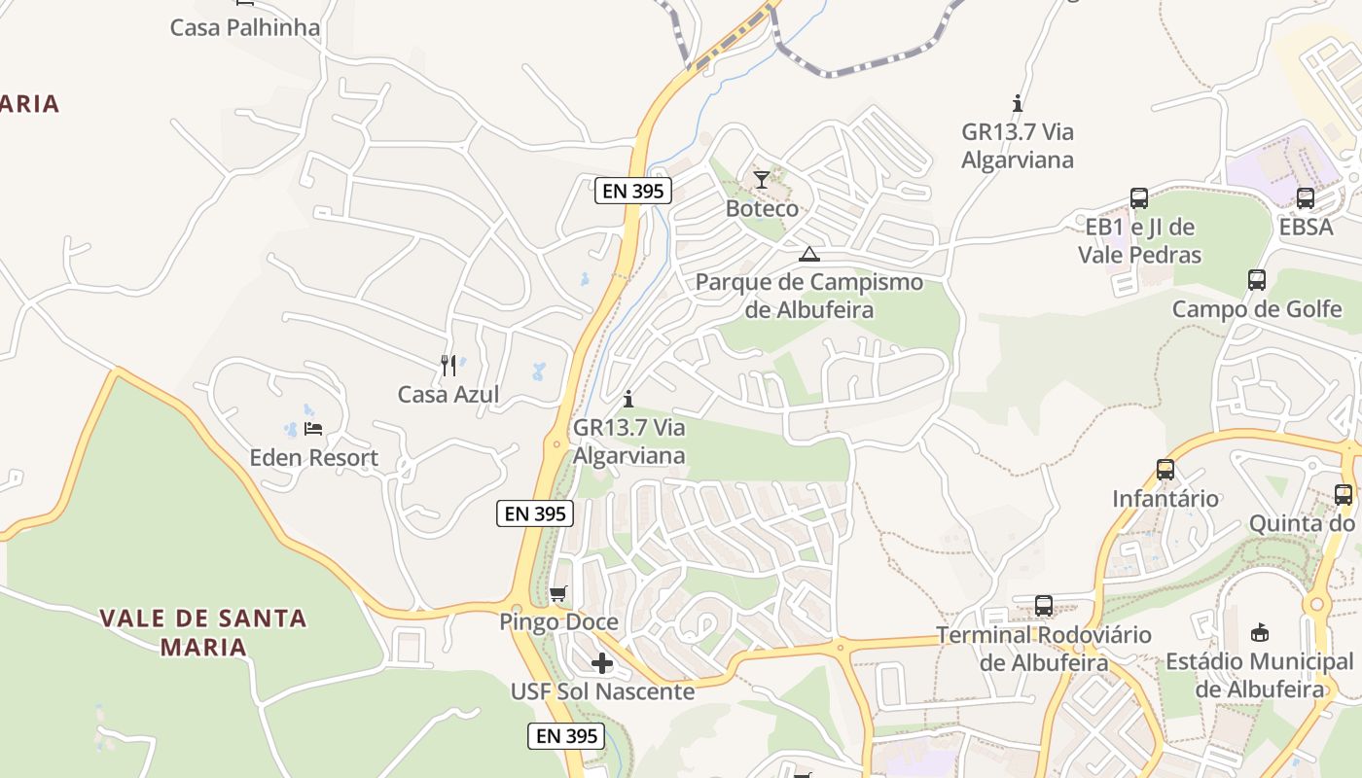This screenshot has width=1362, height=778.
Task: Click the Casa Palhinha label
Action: tap(244, 27)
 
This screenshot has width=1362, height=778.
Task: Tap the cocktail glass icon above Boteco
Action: tap(762, 180)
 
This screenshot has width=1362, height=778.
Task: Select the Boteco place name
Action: tap(762, 208)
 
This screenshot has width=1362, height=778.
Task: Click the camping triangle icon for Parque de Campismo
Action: tap(808, 255)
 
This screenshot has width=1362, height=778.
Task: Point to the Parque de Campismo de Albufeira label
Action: tap(808, 296)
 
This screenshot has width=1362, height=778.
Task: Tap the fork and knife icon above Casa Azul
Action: tap(448, 366)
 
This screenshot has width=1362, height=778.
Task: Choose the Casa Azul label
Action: tap(448, 394)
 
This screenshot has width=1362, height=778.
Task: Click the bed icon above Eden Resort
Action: tap(313, 428)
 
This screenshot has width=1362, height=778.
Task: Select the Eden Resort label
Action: tap(313, 457)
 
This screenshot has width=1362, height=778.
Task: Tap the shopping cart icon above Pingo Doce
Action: tap(557, 593)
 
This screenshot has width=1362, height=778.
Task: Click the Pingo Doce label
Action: tap(558, 621)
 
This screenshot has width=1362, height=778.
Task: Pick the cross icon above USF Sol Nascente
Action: tap(602, 663)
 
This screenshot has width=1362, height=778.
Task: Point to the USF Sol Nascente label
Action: tap(602, 691)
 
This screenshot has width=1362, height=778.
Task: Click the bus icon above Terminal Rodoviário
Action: tap(1044, 606)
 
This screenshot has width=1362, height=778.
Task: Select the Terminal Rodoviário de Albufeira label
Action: tap(1044, 649)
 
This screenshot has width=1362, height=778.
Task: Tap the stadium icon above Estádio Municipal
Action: tap(1260, 633)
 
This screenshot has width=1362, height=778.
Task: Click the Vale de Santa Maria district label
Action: tap(203, 632)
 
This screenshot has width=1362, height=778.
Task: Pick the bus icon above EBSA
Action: tap(1306, 198)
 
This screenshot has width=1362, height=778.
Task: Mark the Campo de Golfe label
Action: tap(1256, 309)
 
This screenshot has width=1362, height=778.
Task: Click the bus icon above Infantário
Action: tap(1165, 471)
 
